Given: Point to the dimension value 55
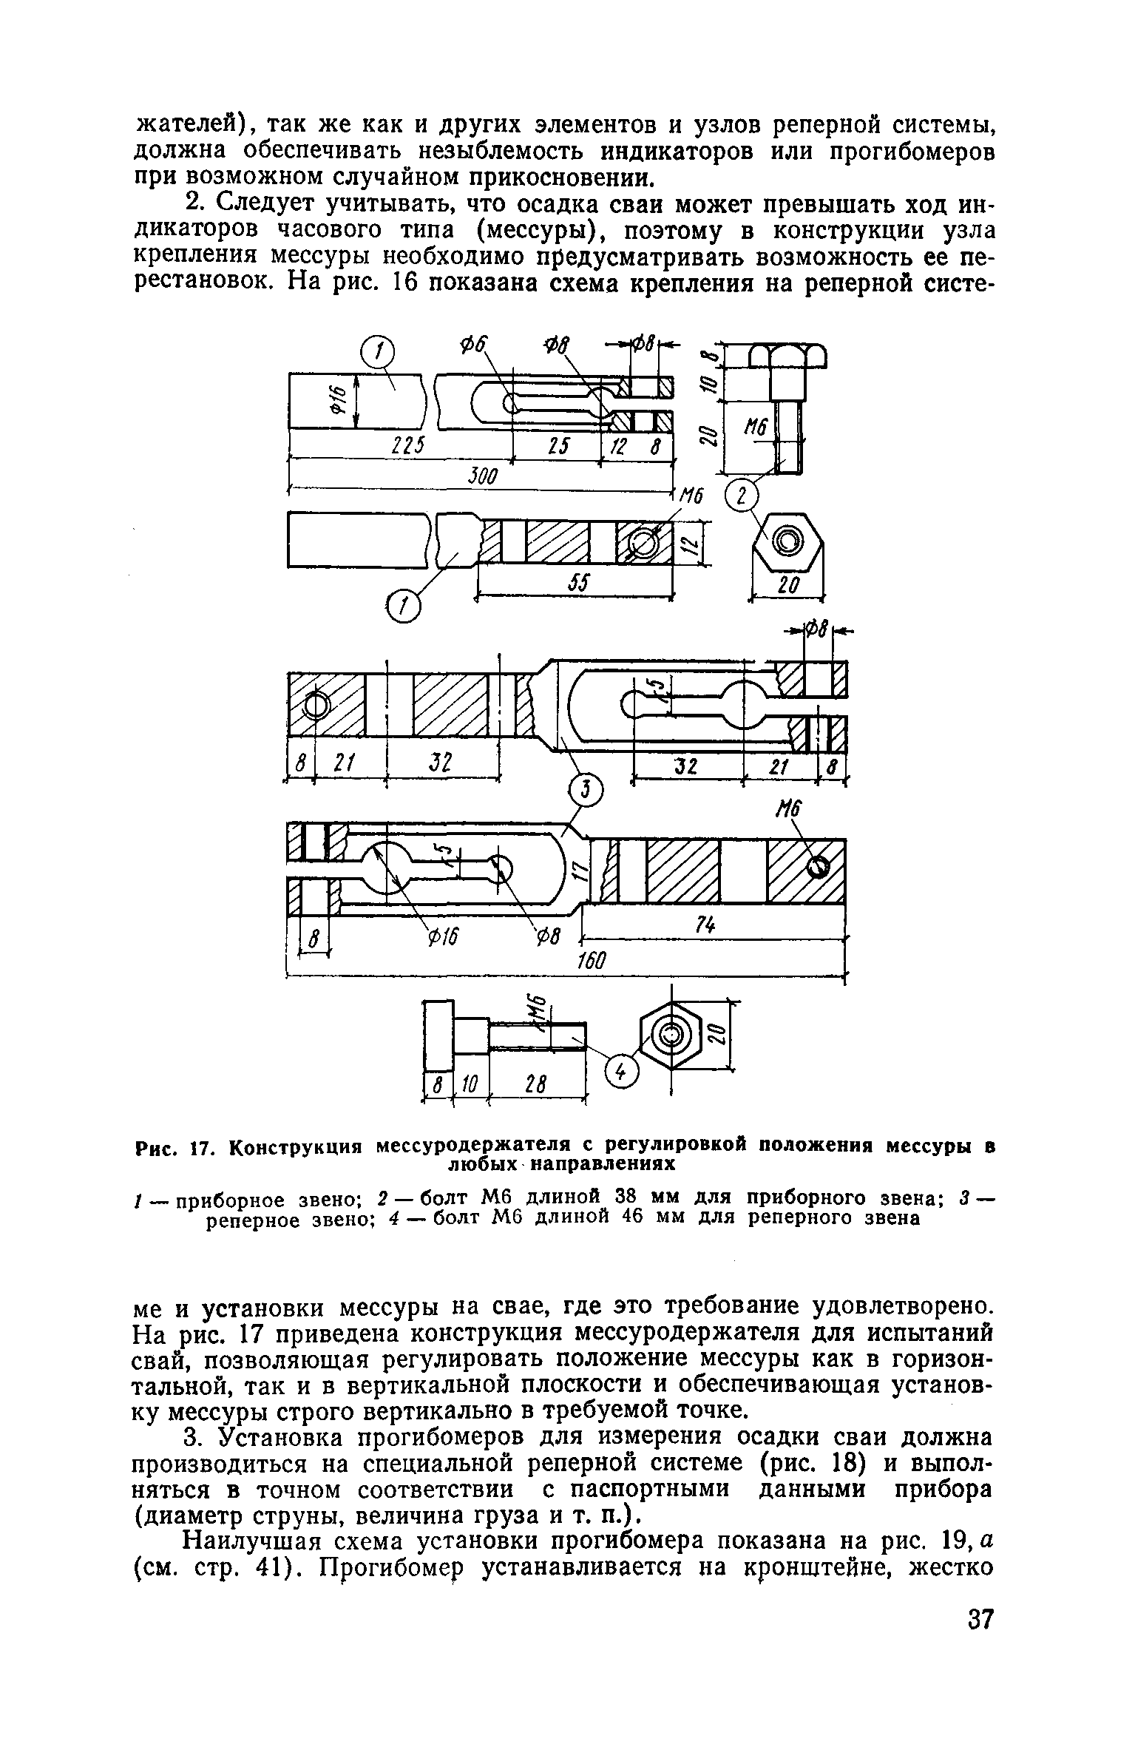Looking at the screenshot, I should point(577,584).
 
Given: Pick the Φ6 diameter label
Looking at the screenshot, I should point(472,345).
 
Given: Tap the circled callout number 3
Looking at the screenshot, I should point(586,794).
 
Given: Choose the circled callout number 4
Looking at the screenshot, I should point(622,1072).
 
